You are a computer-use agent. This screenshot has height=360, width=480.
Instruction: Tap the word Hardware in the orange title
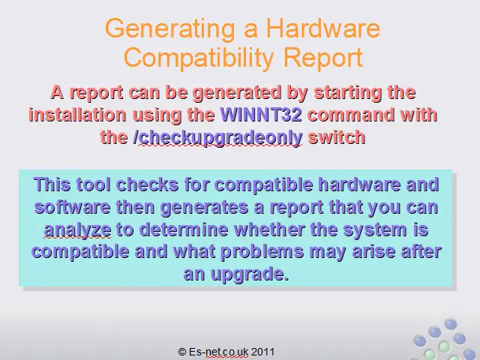click(323, 28)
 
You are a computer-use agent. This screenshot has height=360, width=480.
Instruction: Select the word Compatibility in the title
click(198, 58)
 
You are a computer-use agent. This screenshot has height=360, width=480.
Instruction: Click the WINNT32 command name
click(261, 115)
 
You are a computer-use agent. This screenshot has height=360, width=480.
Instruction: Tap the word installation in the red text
click(77, 115)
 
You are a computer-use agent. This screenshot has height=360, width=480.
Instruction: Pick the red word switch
click(337, 137)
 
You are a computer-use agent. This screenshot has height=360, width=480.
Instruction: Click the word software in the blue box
click(72, 207)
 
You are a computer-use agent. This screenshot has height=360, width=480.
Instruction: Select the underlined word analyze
click(77, 230)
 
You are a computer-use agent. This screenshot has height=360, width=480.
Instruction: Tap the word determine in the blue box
click(184, 229)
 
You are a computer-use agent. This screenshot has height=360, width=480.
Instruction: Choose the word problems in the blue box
click(262, 252)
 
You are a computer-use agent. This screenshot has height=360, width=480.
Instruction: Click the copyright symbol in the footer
click(181, 352)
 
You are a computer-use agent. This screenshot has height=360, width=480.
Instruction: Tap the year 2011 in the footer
click(262, 352)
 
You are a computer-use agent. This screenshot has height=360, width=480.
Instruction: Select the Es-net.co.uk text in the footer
click(218, 352)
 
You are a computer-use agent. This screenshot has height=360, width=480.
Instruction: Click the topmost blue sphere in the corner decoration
click(450, 324)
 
